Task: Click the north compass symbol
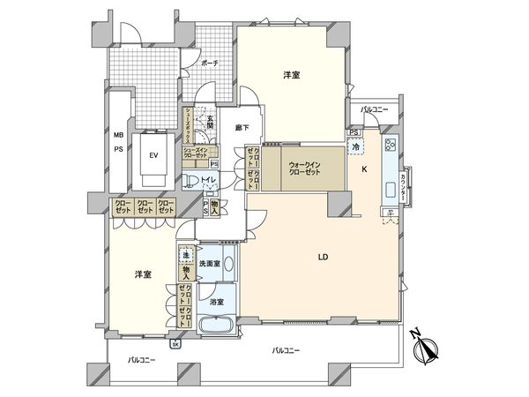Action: [425, 350]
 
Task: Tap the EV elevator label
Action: [153, 156]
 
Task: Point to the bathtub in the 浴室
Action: [215, 326]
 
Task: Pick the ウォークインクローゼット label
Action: [304, 166]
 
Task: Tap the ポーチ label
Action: [209, 64]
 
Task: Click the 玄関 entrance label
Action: [209, 123]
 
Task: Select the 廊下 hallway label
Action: [241, 128]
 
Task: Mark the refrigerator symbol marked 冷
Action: [356, 148]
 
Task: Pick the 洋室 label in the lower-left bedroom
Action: [142, 274]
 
